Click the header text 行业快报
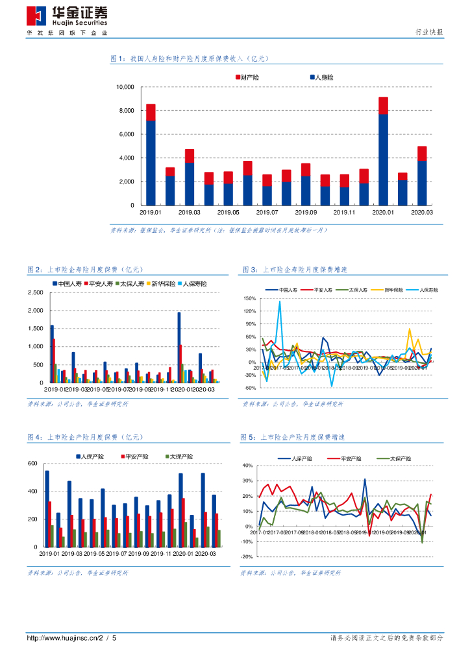429,32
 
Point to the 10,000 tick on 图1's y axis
124,87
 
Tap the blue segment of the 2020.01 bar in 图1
383,159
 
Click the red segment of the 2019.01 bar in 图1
151,112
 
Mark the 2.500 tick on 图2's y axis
34,292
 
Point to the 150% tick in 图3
250,299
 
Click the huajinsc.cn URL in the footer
71,638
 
